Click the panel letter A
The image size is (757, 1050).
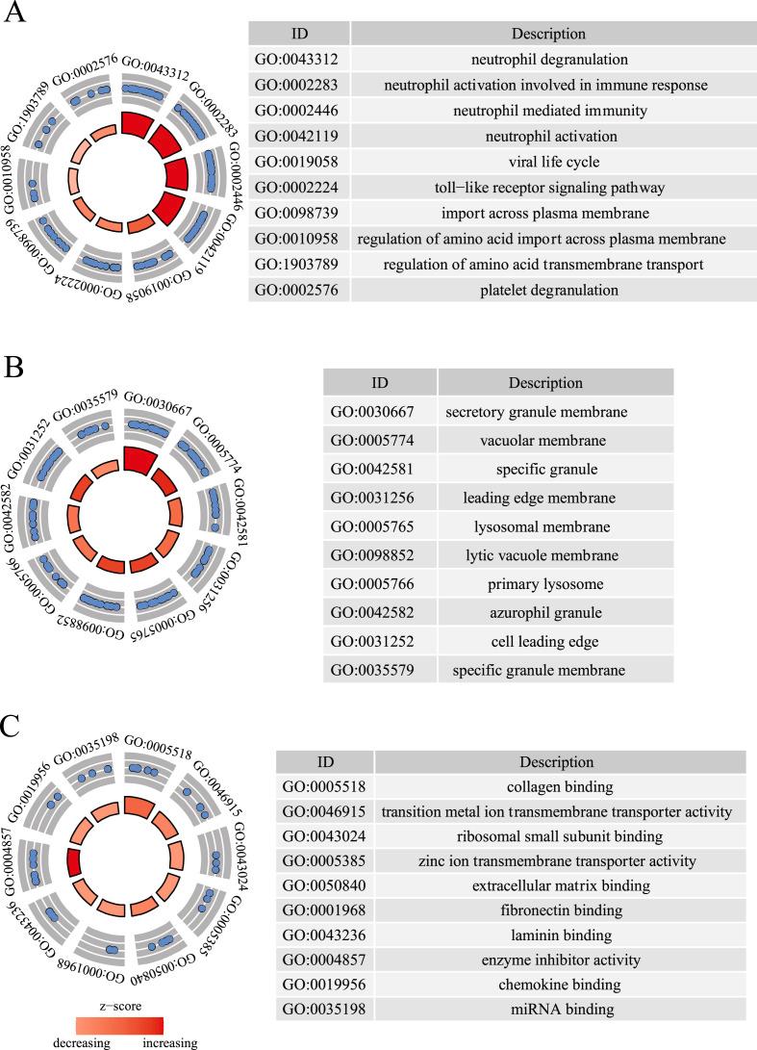coord(15,16)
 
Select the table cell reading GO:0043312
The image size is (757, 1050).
coord(290,60)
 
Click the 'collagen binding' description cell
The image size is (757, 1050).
coord(558,785)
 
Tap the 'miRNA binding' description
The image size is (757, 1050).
coord(558,1010)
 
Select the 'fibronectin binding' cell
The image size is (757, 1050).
coord(558,910)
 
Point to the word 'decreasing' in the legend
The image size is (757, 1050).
coord(82,1042)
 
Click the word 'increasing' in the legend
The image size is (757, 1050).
coord(169,1042)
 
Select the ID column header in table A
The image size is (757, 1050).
coord(298,34)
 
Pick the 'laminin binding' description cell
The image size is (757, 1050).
coord(558,935)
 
